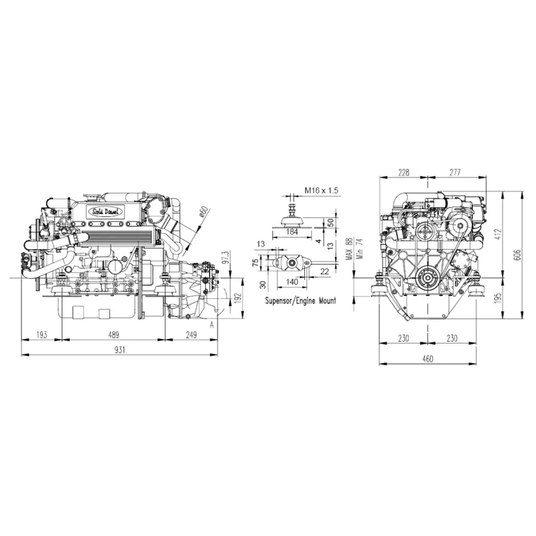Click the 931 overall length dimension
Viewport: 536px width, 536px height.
121,350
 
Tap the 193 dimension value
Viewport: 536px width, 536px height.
42,334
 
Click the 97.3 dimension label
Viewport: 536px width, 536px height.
226,259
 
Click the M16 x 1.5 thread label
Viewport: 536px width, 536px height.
322,191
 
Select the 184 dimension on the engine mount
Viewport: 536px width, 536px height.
291,232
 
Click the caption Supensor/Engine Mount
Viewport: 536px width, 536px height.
301,301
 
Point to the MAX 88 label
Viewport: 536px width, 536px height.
348,251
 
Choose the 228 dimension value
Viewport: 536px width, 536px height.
403,172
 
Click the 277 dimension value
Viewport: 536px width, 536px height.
455,172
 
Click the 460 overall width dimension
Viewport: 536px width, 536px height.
427,359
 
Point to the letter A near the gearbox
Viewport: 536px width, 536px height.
212,324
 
